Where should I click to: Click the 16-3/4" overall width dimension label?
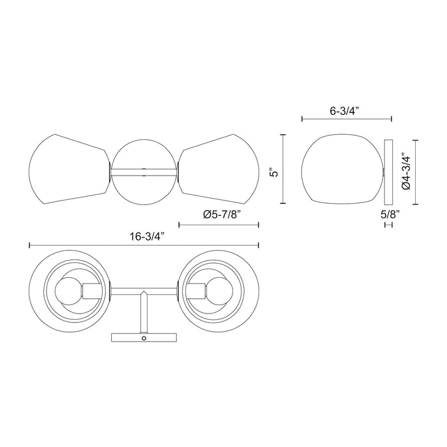point(146,236)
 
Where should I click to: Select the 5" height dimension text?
point(273,170)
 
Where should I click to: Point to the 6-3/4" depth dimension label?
point(345,110)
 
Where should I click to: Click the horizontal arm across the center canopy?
point(144,170)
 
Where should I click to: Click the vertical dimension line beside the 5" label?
point(283,169)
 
